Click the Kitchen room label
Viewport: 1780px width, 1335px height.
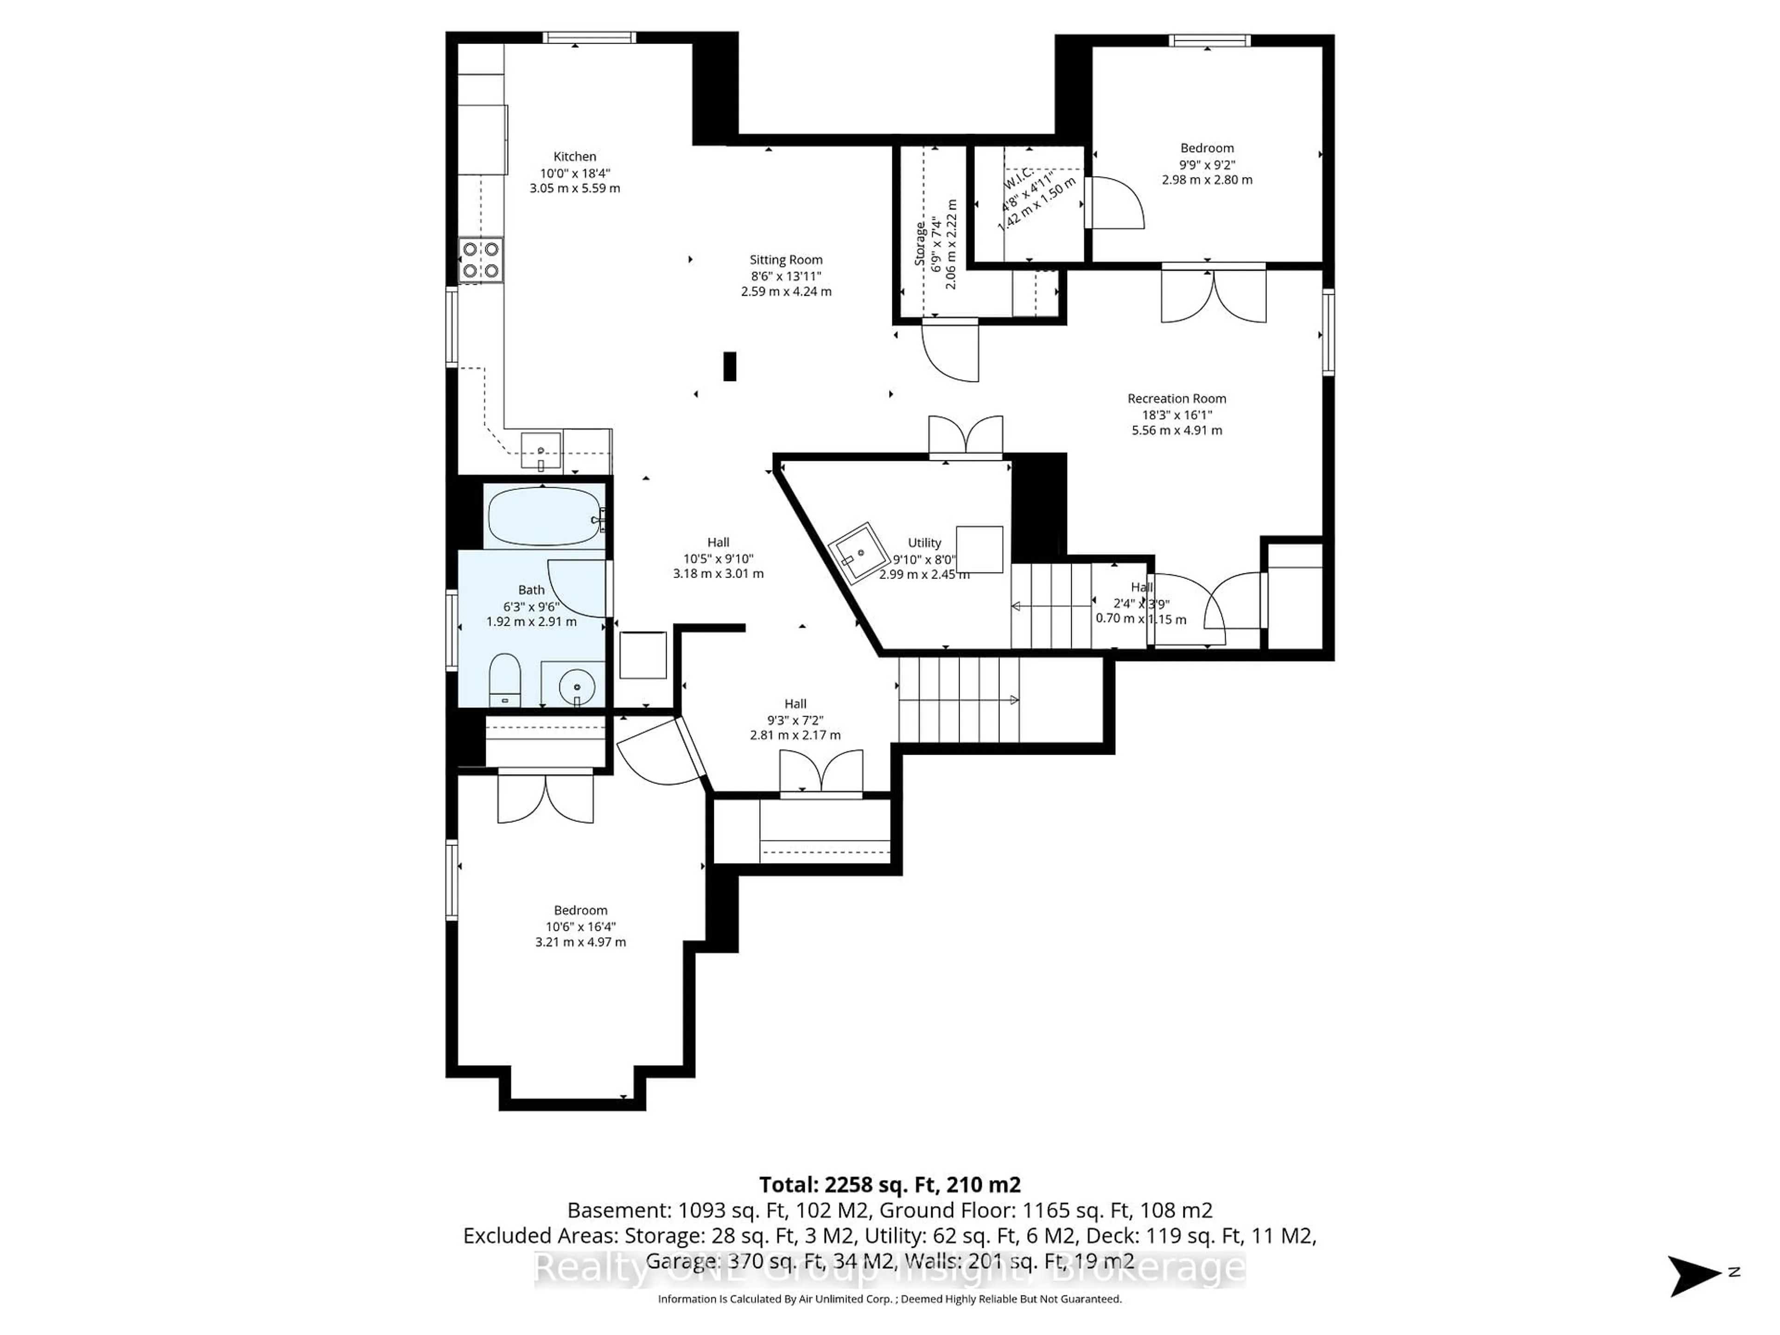[574, 156]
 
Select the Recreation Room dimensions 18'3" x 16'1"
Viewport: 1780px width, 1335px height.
[1176, 414]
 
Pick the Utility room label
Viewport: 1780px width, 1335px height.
[924, 542]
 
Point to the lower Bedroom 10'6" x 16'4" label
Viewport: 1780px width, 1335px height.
[580, 910]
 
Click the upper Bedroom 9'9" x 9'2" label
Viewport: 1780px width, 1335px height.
[1206, 148]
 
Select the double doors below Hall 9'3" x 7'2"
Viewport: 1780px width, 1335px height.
[821, 773]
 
